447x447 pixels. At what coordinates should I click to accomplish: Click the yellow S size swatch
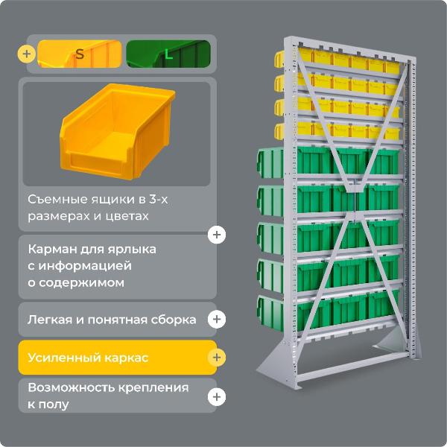coord(80,54)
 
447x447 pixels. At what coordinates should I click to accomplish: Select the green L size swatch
coord(168,54)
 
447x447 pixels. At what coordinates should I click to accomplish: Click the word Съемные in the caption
coord(54,200)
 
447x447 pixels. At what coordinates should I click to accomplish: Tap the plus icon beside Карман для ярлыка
coord(216,235)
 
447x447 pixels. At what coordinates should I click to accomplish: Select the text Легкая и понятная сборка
coord(112,320)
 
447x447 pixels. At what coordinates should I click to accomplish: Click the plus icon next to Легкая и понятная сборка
coord(216,320)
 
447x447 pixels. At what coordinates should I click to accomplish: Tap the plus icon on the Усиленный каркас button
coord(216,358)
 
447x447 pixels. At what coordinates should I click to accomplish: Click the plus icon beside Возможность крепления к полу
coord(216,396)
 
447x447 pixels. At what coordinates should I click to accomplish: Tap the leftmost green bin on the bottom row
coord(273,312)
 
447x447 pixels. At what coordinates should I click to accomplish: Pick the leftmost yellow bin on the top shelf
coord(282,58)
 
